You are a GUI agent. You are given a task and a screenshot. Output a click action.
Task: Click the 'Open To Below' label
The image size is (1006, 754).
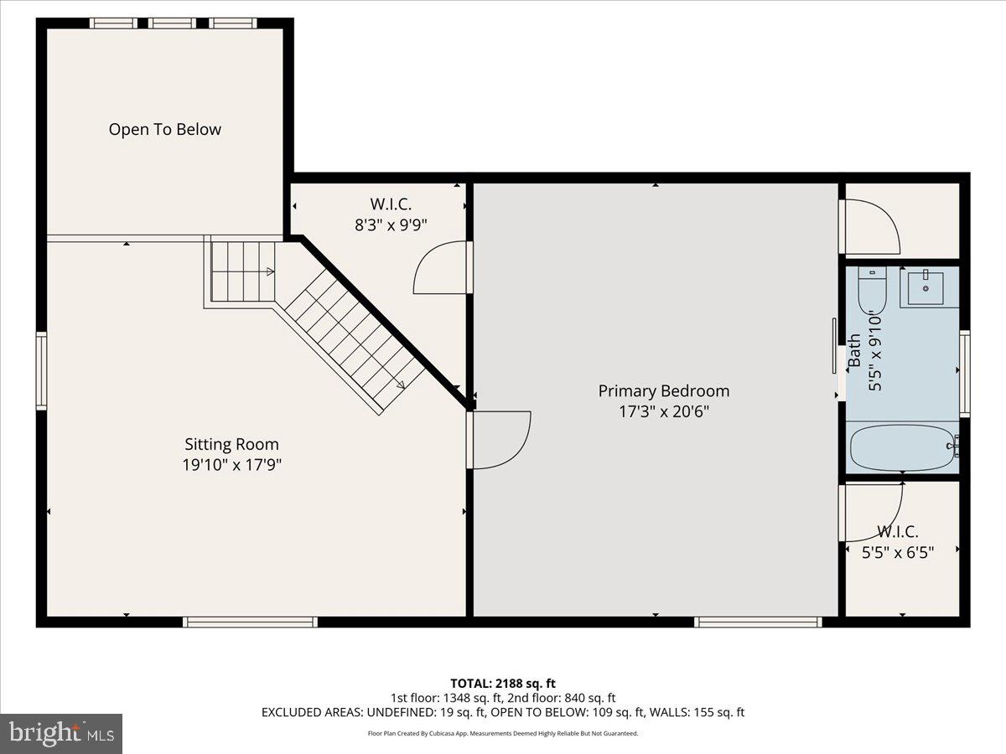[x=164, y=130]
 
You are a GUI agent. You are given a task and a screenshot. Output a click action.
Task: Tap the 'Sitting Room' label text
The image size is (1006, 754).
[x=231, y=444]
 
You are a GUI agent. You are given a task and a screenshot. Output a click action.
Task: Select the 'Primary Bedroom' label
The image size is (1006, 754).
[x=663, y=391]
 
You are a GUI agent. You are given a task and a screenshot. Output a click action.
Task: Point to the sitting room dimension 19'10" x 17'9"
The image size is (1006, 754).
[x=231, y=465]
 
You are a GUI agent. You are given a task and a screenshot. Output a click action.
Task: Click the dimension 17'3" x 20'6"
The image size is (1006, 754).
[x=663, y=411]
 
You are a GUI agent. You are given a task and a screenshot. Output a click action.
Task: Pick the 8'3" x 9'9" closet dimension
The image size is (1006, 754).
[x=391, y=225]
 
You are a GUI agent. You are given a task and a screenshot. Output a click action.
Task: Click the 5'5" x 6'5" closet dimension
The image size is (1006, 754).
[x=898, y=551]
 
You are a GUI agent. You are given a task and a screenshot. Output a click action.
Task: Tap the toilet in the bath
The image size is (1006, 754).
[x=872, y=289]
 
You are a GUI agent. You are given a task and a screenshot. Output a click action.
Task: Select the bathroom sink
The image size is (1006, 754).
[x=926, y=288]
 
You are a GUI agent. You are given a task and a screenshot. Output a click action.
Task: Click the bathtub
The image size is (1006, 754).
[x=901, y=448]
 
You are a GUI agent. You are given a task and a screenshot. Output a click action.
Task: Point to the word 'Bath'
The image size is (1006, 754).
[x=854, y=350]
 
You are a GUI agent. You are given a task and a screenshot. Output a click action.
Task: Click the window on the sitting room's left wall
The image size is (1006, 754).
[x=41, y=370]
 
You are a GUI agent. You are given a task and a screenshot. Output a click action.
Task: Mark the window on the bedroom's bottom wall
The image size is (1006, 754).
[x=758, y=622]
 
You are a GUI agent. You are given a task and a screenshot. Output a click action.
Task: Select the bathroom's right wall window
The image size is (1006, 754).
[x=965, y=373]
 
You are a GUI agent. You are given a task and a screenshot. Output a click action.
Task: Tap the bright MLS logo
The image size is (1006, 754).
[x=61, y=733]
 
